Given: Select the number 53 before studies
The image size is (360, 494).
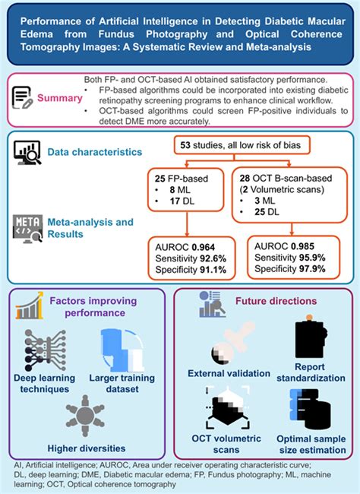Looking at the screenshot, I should click(204, 145).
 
